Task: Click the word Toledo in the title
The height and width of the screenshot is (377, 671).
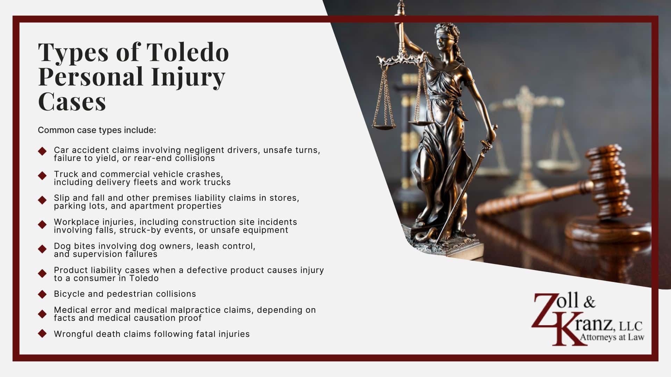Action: (x=188, y=52)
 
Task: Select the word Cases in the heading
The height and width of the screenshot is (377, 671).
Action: (x=72, y=102)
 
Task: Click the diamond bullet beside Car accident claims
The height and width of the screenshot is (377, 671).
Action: (x=42, y=151)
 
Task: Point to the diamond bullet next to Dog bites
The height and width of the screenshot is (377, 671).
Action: (x=42, y=249)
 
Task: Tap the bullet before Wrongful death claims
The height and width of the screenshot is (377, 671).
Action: (x=42, y=334)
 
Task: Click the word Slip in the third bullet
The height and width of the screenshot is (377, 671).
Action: (x=62, y=198)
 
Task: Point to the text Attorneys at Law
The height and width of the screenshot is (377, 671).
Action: (x=612, y=337)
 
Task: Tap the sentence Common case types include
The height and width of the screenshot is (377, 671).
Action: (x=97, y=130)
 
